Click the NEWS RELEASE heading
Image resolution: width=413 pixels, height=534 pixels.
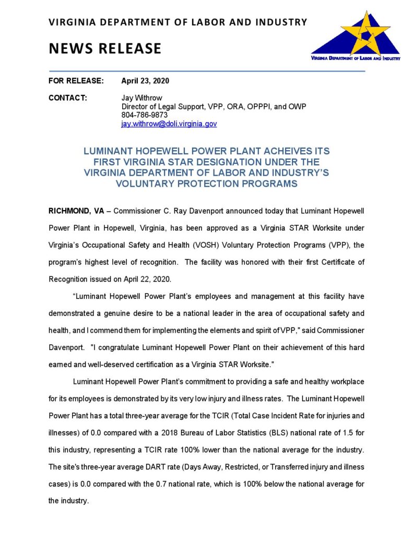click(x=105, y=48)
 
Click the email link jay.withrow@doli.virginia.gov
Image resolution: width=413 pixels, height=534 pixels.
click(x=169, y=124)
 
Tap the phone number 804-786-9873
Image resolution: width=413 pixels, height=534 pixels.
click(x=145, y=115)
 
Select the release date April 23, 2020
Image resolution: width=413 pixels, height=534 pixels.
click(x=145, y=81)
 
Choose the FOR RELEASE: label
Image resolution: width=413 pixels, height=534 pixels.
click(x=76, y=81)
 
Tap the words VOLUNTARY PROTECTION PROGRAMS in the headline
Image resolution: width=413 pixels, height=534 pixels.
click(x=206, y=183)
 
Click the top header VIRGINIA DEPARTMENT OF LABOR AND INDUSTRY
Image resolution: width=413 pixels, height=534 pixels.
click(x=178, y=22)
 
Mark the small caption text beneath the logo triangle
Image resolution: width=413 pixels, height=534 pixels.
click(x=356, y=58)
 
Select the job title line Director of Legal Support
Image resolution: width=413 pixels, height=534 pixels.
click(x=213, y=106)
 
